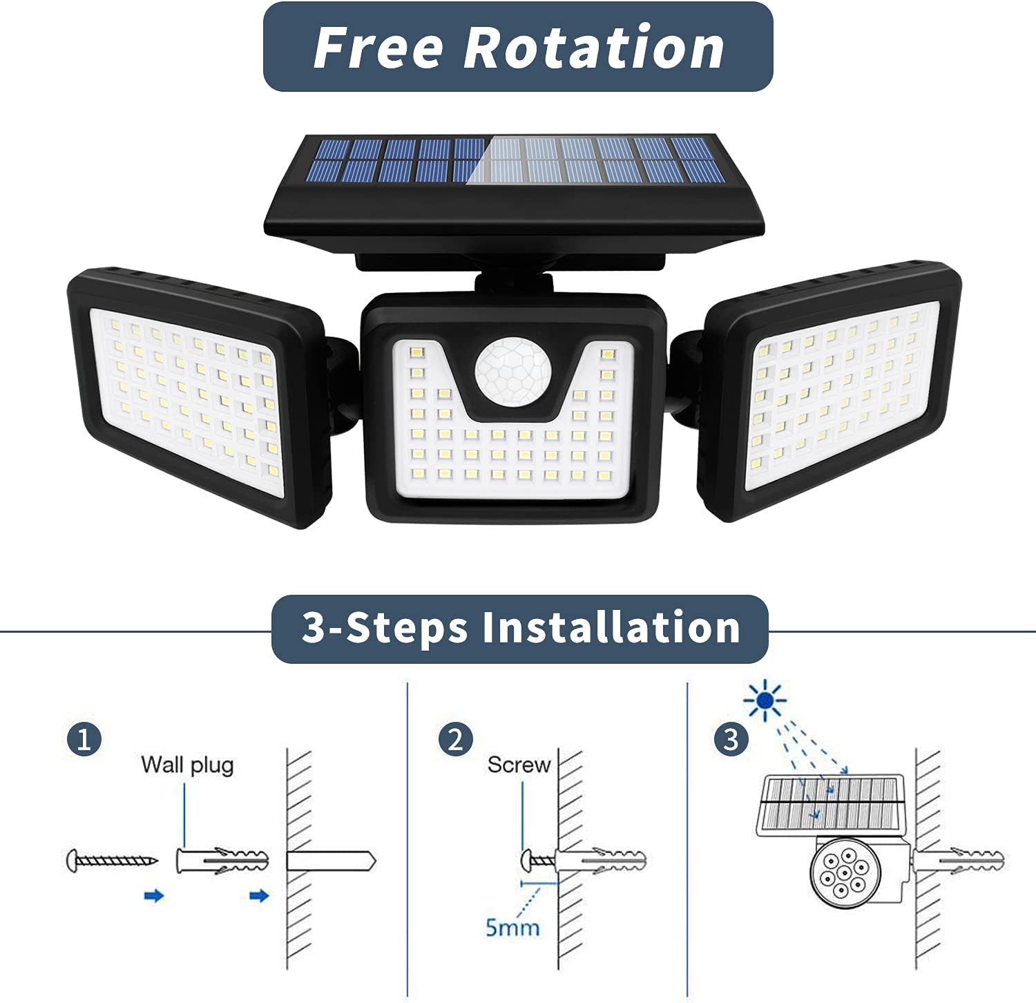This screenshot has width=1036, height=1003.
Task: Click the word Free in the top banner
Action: click(378, 48)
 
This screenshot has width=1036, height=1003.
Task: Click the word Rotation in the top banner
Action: click(594, 48)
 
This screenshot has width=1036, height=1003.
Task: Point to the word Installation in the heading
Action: click(611, 628)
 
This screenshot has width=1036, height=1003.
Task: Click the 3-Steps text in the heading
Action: click(385, 628)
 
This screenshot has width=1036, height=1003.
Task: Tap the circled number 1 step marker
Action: click(84, 739)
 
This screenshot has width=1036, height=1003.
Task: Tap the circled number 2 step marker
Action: click(456, 739)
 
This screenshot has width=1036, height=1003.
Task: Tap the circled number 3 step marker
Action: click(731, 739)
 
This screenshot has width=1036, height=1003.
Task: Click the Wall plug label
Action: click(187, 765)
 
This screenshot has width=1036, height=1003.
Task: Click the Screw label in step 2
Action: click(519, 765)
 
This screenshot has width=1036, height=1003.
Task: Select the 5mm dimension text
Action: click(512, 927)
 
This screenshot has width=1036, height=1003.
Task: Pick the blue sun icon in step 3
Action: click(765, 700)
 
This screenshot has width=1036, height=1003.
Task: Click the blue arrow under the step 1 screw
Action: click(154, 896)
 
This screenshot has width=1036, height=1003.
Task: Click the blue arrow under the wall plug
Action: click(259, 896)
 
